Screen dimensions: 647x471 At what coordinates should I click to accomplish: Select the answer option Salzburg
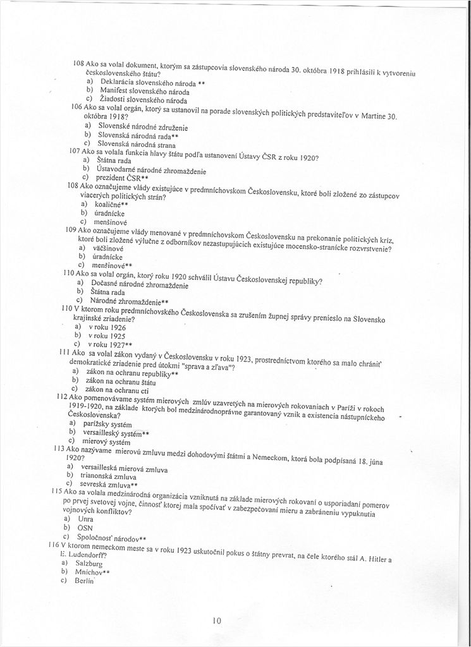point(89,562)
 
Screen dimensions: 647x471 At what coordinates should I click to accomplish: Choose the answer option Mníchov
point(90,571)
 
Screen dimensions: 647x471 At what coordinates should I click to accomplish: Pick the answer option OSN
point(85,527)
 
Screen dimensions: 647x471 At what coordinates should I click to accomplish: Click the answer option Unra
point(85,518)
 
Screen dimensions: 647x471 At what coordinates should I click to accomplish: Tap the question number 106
point(78,107)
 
